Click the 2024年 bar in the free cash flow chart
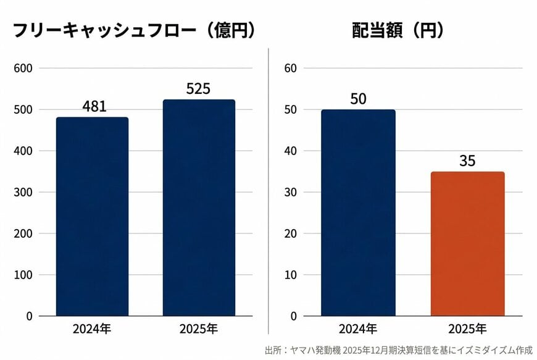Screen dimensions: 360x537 [92, 216]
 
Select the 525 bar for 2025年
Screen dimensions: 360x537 [199, 207]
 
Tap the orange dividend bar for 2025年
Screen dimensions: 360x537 [468, 243]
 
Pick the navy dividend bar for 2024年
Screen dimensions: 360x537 [358, 212]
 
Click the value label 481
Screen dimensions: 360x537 [94, 106]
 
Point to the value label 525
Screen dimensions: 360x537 [198, 89]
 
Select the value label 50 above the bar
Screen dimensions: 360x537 [358, 99]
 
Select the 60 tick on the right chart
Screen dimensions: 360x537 [291, 68]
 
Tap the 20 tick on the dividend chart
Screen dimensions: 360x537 [291, 233]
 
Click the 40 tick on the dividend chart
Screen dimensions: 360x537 [291, 151]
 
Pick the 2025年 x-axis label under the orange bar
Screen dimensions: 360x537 [467, 329]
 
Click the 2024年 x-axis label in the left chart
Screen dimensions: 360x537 [92, 329]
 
